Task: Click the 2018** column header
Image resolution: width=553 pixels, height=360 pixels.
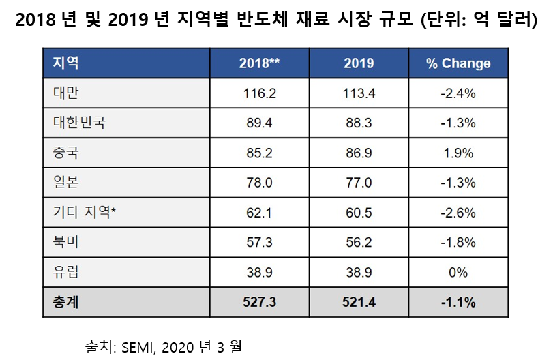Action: pos(259,63)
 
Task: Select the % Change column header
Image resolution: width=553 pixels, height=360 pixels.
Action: pos(458,63)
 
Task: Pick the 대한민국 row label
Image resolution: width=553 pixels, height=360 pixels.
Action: pos(79,123)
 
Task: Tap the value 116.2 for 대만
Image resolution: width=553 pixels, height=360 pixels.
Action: pos(259,93)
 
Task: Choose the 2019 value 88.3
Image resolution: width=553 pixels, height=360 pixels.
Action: pos(359,123)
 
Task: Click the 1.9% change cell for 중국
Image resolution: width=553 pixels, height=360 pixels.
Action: pos(458,153)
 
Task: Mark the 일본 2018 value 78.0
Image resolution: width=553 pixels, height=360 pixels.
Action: pos(259,183)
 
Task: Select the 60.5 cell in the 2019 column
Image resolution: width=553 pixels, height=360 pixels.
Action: pos(359,213)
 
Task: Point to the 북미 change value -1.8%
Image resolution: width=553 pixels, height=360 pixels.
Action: pos(458,243)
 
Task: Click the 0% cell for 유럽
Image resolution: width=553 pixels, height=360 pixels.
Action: pos(458,273)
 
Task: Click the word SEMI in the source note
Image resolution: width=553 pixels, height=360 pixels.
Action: pos(138,347)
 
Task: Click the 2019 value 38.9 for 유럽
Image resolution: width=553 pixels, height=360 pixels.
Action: pos(359,273)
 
